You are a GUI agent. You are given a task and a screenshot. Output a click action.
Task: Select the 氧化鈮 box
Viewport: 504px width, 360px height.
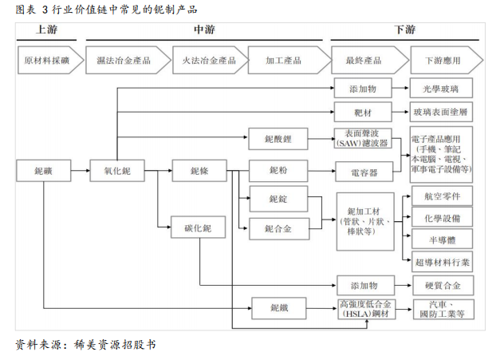pyautogui.click(x=116, y=170)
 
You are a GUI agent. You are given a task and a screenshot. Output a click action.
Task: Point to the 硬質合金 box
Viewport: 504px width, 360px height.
pyautogui.click(x=441, y=285)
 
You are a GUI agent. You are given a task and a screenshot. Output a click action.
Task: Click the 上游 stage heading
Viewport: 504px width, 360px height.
pyautogui.click(x=47, y=30)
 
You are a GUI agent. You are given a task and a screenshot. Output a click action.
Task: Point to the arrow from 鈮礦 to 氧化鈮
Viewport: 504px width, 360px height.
pyautogui.click(x=81, y=170)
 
